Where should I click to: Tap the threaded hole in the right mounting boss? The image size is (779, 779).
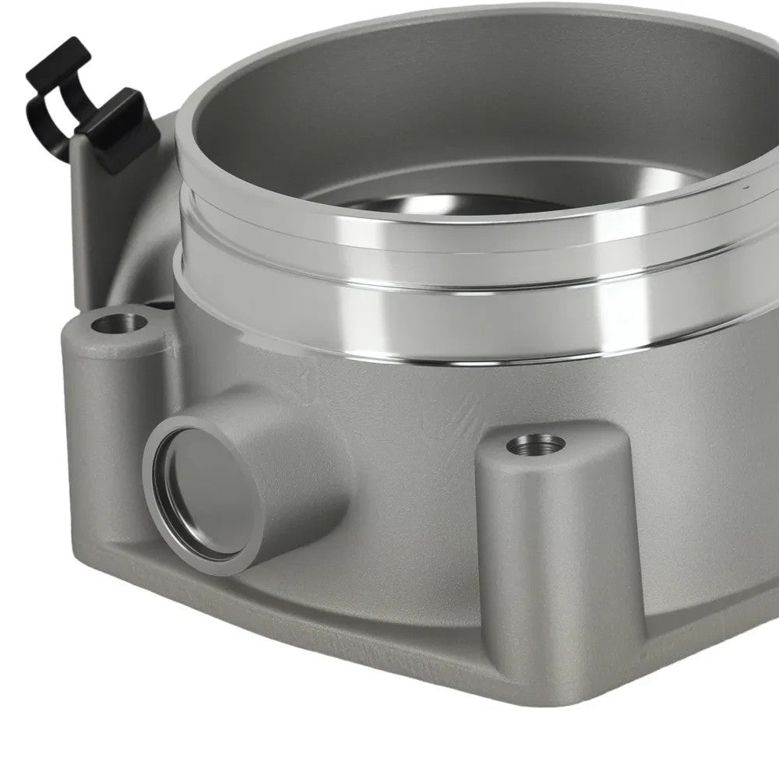pyautogui.click(x=537, y=445)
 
